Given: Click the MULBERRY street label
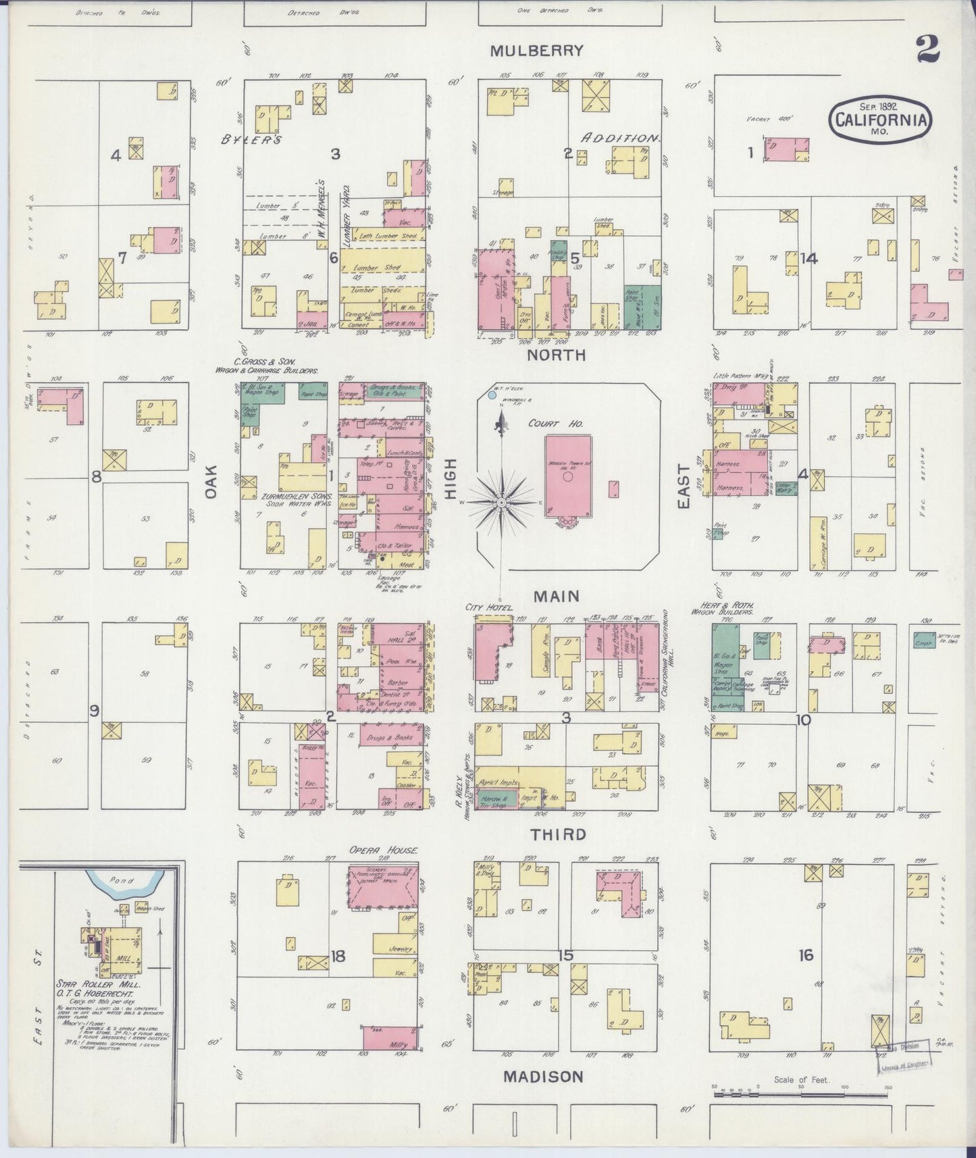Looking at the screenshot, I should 536,50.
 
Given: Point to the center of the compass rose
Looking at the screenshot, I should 502,503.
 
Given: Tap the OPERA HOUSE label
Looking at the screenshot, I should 383,850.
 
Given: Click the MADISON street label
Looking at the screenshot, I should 542,1076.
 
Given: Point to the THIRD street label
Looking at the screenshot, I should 557,834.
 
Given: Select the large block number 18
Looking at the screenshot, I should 338,955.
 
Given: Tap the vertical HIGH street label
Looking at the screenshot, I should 450,480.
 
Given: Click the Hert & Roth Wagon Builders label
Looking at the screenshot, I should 731,609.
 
